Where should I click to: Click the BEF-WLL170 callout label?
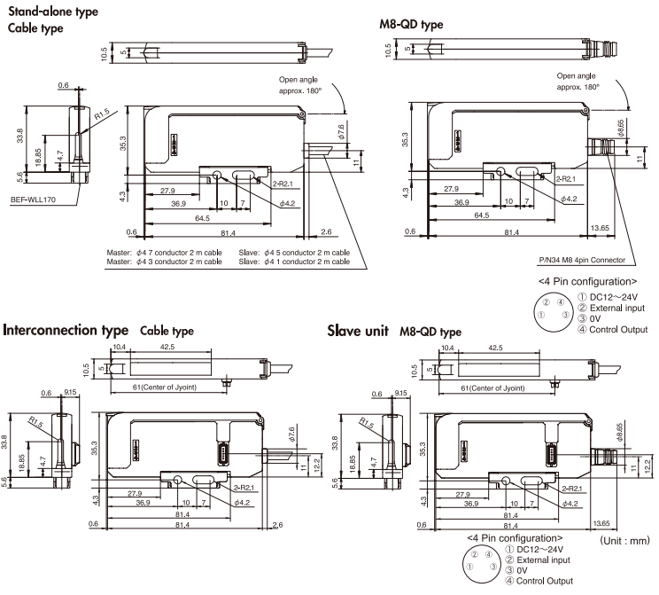click(x=34, y=200)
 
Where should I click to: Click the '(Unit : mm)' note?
click(x=625, y=539)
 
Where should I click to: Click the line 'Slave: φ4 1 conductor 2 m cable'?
click(x=294, y=262)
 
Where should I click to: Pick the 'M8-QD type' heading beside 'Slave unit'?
click(x=431, y=332)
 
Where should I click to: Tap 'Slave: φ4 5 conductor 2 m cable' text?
click(x=294, y=253)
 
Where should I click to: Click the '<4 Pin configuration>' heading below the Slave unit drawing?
click(x=514, y=538)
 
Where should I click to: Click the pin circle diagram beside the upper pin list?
click(x=549, y=312)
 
